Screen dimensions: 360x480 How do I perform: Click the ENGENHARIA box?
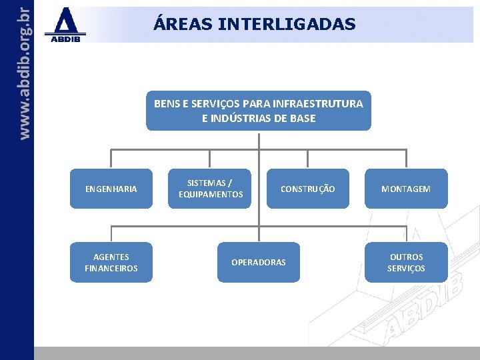click(111, 189)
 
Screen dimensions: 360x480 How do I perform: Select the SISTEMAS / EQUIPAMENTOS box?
click(211, 189)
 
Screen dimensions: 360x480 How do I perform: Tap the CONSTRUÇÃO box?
click(307, 189)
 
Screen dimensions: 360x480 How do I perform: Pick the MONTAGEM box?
click(406, 189)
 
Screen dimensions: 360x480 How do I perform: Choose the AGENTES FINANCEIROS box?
click(111, 262)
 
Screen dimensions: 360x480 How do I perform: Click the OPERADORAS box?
click(258, 262)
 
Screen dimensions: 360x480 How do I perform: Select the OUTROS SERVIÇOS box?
click(406, 262)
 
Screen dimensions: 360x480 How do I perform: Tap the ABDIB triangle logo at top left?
click(65, 21)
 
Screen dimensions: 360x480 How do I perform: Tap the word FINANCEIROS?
click(111, 268)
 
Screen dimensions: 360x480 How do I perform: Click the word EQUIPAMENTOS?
click(211, 195)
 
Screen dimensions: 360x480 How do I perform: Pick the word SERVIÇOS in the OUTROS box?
click(406, 268)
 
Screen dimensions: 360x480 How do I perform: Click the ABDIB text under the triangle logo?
click(65, 38)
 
